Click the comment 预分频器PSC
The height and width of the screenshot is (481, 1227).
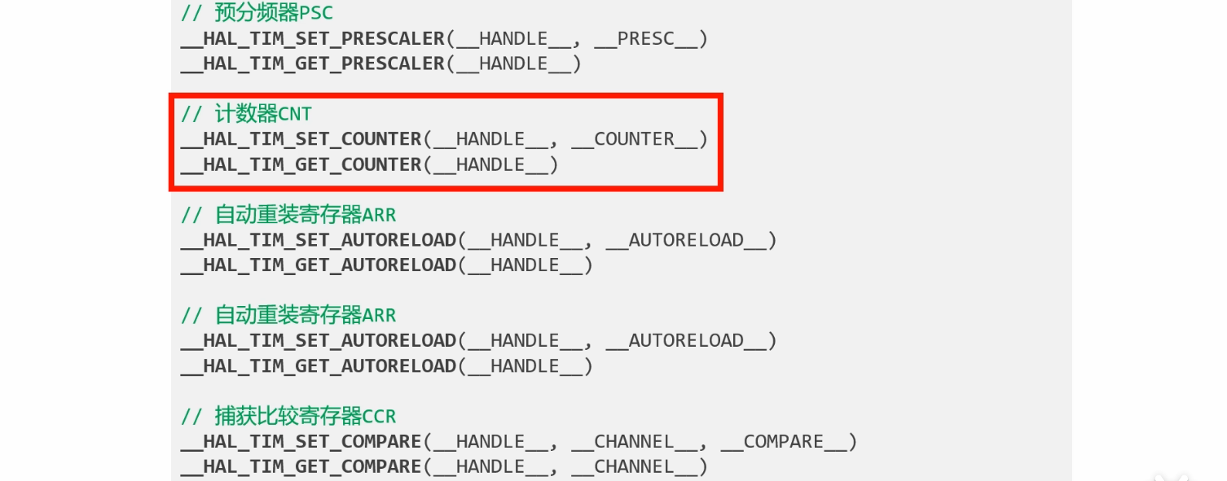(x=257, y=13)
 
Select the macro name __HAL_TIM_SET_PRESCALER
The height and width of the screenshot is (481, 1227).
(x=313, y=38)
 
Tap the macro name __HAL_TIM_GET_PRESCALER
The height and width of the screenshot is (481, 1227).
(x=313, y=63)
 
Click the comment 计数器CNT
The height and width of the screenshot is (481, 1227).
(x=246, y=114)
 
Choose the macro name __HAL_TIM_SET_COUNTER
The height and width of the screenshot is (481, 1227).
(x=301, y=139)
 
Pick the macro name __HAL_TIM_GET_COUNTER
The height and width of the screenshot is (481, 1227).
(x=301, y=164)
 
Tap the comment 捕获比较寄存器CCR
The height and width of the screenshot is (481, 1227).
(x=288, y=417)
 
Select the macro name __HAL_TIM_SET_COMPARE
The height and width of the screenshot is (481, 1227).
(x=301, y=442)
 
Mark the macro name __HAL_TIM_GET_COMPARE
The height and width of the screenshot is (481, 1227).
(x=301, y=467)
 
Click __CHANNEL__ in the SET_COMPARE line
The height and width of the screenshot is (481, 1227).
(x=635, y=442)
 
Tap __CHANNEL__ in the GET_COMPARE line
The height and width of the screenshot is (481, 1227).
(x=635, y=467)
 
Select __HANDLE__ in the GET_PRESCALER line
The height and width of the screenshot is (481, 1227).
(x=514, y=63)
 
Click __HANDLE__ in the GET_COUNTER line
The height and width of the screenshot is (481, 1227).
(x=490, y=164)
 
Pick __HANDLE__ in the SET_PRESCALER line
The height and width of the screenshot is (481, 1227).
(x=514, y=38)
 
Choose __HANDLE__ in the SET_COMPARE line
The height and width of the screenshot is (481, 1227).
(x=490, y=442)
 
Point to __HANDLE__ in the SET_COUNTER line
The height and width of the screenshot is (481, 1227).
(x=490, y=139)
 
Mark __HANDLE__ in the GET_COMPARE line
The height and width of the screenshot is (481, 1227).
(x=490, y=467)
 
